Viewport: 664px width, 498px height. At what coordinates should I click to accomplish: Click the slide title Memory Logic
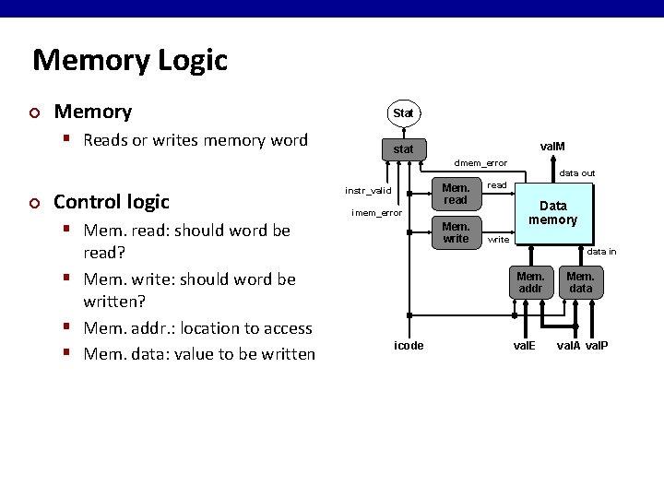pyautogui.click(x=129, y=61)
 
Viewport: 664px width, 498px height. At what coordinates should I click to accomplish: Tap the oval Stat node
pyautogui.click(x=403, y=113)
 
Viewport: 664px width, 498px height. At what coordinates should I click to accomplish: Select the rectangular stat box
pyautogui.click(x=403, y=148)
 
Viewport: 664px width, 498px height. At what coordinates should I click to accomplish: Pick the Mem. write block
pyautogui.click(x=456, y=232)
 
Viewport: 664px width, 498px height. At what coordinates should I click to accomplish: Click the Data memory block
pyautogui.click(x=552, y=214)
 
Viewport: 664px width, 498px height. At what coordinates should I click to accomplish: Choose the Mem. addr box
pyautogui.click(x=529, y=282)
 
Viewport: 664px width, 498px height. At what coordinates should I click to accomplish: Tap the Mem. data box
pyautogui.click(x=580, y=282)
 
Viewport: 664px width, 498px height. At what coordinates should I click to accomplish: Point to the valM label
pyautogui.click(x=552, y=146)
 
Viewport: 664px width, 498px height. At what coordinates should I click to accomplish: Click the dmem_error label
pyautogui.click(x=480, y=164)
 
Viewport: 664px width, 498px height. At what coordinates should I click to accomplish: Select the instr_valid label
pyautogui.click(x=368, y=191)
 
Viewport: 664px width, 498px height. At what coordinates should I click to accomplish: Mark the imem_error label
pyautogui.click(x=376, y=213)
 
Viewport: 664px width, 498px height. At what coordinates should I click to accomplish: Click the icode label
pyautogui.click(x=409, y=346)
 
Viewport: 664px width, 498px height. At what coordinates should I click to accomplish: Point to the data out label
pyautogui.click(x=577, y=173)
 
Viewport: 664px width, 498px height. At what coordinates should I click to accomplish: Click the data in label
pyautogui.click(x=602, y=251)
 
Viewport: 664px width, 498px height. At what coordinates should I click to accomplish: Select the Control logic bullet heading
pyautogui.click(x=112, y=201)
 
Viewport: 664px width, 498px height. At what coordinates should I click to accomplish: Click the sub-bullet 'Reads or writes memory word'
pyautogui.click(x=195, y=140)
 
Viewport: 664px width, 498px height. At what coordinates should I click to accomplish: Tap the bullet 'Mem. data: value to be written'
pyautogui.click(x=198, y=353)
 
